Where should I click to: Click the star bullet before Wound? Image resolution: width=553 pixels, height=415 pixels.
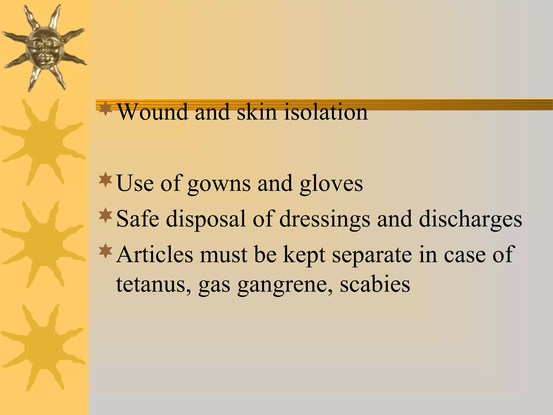(x=106, y=108)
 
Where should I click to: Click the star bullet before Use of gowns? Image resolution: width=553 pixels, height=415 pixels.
(x=106, y=180)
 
